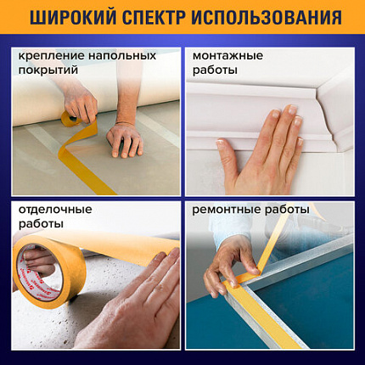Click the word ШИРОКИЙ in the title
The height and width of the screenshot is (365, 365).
(67, 19)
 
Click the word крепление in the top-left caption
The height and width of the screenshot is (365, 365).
(48, 56)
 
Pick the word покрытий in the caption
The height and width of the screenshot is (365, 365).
(48, 71)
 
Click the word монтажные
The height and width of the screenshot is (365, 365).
(227, 56)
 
